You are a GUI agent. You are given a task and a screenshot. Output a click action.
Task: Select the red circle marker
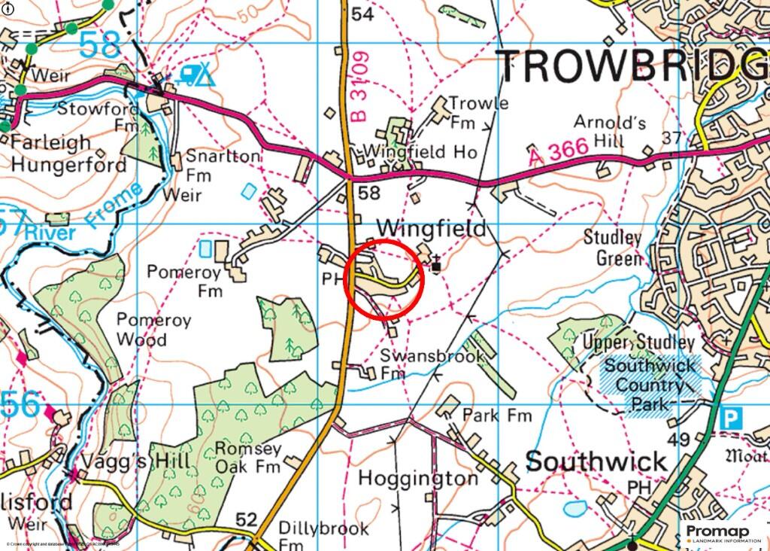(384, 279)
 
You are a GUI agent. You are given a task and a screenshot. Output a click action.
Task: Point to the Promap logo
(717, 534)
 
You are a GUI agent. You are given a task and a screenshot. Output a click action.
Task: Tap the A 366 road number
(557, 153)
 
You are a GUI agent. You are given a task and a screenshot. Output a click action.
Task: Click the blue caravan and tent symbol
(196, 73)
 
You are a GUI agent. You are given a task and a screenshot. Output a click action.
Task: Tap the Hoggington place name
(417, 478)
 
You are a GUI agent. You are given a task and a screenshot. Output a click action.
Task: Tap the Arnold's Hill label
(609, 131)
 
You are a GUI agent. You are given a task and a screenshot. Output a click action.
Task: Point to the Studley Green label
(613, 248)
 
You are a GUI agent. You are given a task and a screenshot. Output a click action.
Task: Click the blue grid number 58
(100, 44)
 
